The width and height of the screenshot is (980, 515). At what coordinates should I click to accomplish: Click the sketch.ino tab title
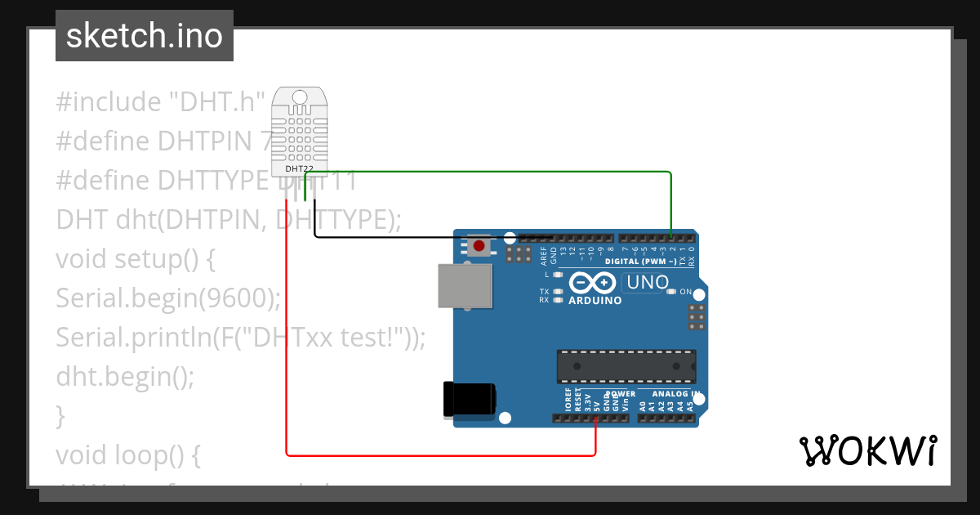pyautogui.click(x=145, y=36)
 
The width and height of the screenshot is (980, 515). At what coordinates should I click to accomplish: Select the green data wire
pyautogui.click(x=490, y=172)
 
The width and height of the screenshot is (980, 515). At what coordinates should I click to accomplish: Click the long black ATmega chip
pyautogui.click(x=626, y=366)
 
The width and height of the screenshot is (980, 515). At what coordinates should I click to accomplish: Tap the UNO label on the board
pyautogui.click(x=645, y=283)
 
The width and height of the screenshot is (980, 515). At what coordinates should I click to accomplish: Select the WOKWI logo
pyautogui.click(x=867, y=450)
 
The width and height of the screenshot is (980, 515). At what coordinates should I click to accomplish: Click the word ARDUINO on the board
pyautogui.click(x=595, y=300)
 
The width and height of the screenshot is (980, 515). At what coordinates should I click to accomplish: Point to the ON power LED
pyautogui.click(x=671, y=292)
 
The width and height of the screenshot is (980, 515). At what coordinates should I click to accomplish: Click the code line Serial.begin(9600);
pyautogui.click(x=168, y=298)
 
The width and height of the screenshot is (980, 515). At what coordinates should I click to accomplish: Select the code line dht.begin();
pyautogui.click(x=126, y=376)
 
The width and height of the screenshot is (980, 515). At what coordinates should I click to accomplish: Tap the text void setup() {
pyautogui.click(x=136, y=259)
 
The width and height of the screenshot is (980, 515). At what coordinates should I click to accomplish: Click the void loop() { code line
pyautogui.click(x=127, y=454)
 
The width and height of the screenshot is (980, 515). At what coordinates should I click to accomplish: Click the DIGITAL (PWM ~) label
pyautogui.click(x=641, y=262)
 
